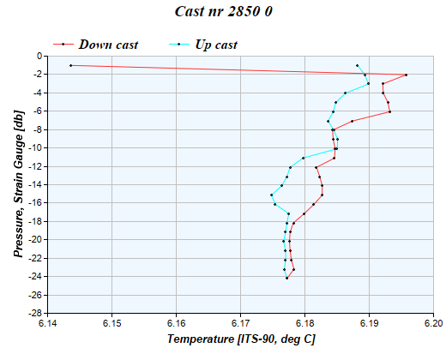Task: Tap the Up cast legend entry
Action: [x=215, y=44]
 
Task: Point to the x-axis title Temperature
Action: [x=241, y=340]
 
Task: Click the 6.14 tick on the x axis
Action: [x=48, y=324]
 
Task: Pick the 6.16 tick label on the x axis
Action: [x=177, y=324]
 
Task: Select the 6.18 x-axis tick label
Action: [x=305, y=324]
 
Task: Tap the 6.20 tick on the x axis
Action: [x=433, y=324]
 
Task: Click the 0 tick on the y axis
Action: [x=39, y=56]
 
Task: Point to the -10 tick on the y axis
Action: [x=34, y=147]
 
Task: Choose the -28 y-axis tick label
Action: [x=34, y=313]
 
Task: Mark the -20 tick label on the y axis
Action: [x=34, y=240]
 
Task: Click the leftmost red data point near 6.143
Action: [x=71, y=65]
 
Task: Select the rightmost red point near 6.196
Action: [x=406, y=75]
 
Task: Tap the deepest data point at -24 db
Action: [x=287, y=278]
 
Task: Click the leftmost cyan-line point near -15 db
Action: [x=272, y=195]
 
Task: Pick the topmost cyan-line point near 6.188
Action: [x=358, y=65]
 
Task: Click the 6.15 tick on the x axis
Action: [x=112, y=324]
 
